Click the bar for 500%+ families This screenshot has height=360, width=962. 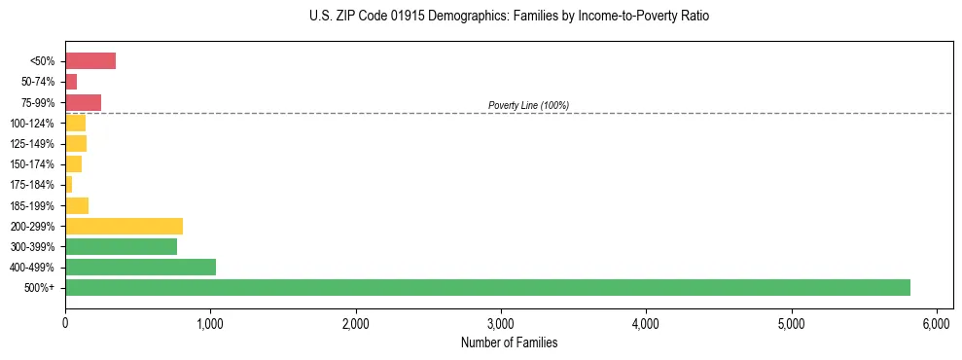487,287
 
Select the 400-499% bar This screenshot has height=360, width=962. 140,267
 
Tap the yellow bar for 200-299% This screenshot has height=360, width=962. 124,227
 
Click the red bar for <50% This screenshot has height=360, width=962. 90,61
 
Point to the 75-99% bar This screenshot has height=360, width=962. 83,102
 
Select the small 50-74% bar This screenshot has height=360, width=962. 71,82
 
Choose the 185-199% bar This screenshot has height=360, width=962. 77,205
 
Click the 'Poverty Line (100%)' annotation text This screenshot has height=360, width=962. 528,105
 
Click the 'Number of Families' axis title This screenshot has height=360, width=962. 509,342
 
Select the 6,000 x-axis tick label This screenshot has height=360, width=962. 936,323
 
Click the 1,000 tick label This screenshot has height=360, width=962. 210,323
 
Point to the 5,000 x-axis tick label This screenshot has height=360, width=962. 791,323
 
